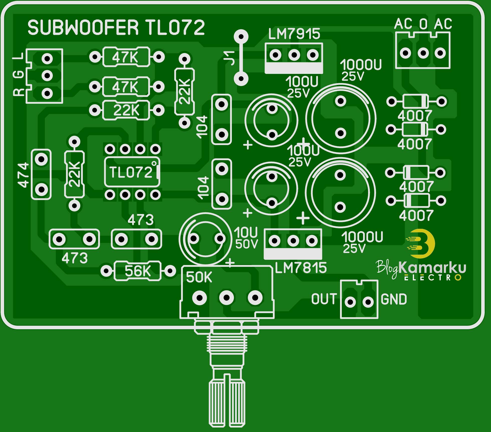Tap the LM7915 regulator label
294,34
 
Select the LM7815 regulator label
301,268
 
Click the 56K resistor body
137,271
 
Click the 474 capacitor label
23,175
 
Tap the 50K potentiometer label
199,277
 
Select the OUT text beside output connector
323,299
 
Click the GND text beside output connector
394,299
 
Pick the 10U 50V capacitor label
246,238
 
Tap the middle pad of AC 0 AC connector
423,53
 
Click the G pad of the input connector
47,75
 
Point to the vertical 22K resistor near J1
185,91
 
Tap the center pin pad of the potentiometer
226,298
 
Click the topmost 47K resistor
126,57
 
